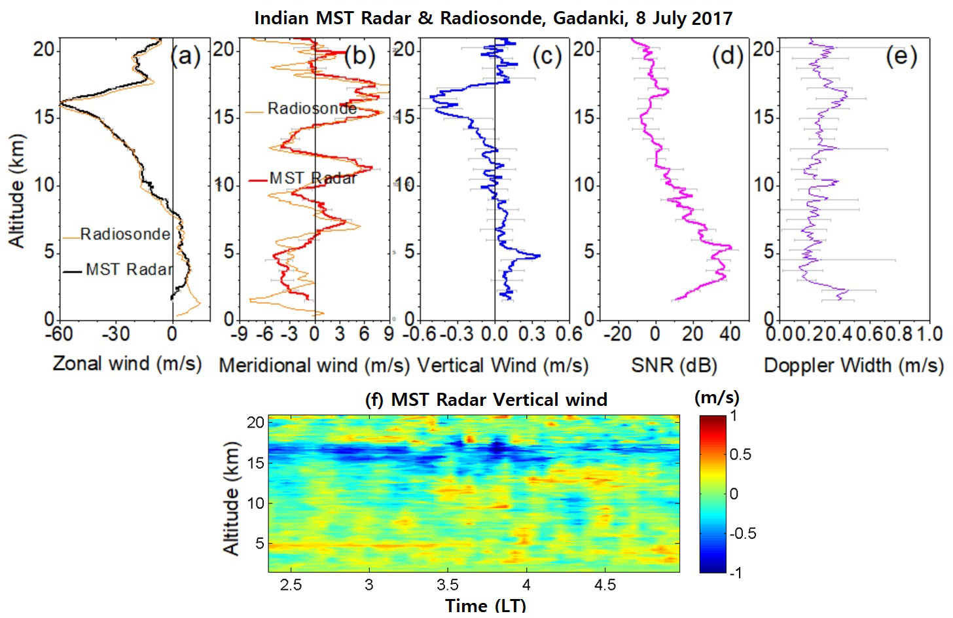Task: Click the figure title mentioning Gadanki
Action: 493,18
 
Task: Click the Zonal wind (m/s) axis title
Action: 127,363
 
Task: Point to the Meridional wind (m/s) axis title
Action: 314,365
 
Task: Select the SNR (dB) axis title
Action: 674,365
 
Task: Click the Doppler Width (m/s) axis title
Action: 854,365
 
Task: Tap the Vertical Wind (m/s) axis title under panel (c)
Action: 503,365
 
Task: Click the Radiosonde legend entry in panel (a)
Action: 124,234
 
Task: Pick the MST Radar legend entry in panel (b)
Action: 312,178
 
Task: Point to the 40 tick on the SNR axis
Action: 730,334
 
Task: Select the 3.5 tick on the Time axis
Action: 448,584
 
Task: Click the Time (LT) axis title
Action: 485,606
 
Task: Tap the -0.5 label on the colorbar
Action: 743,534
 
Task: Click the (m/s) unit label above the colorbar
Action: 717,397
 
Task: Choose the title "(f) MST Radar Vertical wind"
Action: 486,399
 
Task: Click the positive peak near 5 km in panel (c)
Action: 538,256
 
